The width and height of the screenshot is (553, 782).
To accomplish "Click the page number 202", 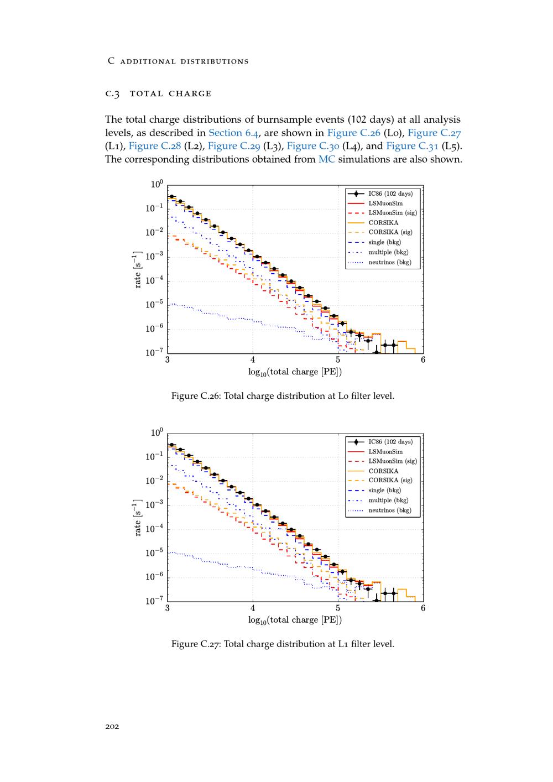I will (112, 726).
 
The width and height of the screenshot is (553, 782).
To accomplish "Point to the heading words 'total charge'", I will (170, 93).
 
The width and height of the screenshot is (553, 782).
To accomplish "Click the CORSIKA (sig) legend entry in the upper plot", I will (390, 232).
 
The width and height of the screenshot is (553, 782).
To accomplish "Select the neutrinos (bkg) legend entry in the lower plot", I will (390, 510).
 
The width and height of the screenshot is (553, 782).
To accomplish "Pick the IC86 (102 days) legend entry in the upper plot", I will (390, 194).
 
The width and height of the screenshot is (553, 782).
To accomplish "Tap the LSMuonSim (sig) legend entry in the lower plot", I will (393, 461).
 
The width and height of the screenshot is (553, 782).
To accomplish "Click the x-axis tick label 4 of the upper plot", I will (253, 360).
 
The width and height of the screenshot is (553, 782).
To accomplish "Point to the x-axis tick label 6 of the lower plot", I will (423, 608).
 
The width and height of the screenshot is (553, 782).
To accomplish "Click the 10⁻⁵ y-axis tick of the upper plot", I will (154, 305).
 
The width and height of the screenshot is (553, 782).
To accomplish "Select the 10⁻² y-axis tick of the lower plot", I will (154, 481).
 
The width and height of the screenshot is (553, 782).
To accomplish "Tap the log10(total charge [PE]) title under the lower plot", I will (295, 620).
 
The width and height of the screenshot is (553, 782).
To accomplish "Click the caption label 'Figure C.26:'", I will (196, 396).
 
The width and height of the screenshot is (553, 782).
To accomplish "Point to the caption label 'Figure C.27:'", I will (196, 644).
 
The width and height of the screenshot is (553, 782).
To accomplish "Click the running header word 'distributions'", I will (215, 61).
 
